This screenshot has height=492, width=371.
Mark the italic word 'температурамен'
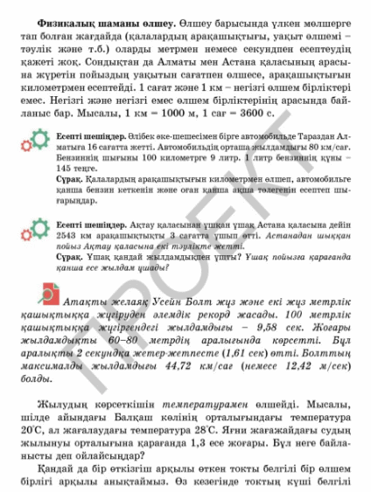point(193,405)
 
